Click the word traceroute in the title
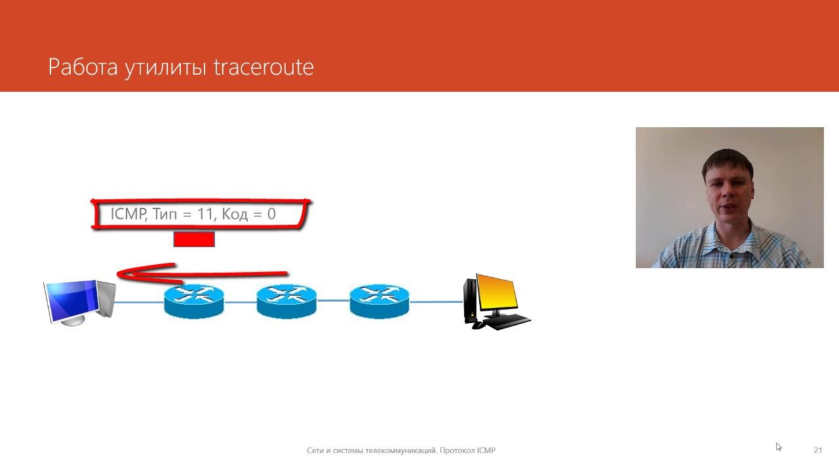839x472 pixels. point(263,68)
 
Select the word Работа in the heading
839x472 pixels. point(83,68)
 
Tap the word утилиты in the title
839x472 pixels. point(165,69)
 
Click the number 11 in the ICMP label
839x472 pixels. point(205,214)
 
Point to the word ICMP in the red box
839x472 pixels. point(128,214)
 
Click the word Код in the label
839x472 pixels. point(235,214)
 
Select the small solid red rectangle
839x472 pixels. point(194,239)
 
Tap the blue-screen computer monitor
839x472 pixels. point(73,302)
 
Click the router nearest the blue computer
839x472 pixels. point(194,302)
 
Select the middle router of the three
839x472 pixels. point(286,302)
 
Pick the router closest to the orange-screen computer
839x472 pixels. point(380,302)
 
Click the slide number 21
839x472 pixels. point(818,450)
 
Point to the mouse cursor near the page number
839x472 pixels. point(778,446)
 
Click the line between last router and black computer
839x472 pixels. point(437,301)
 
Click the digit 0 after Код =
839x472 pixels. point(271,214)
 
